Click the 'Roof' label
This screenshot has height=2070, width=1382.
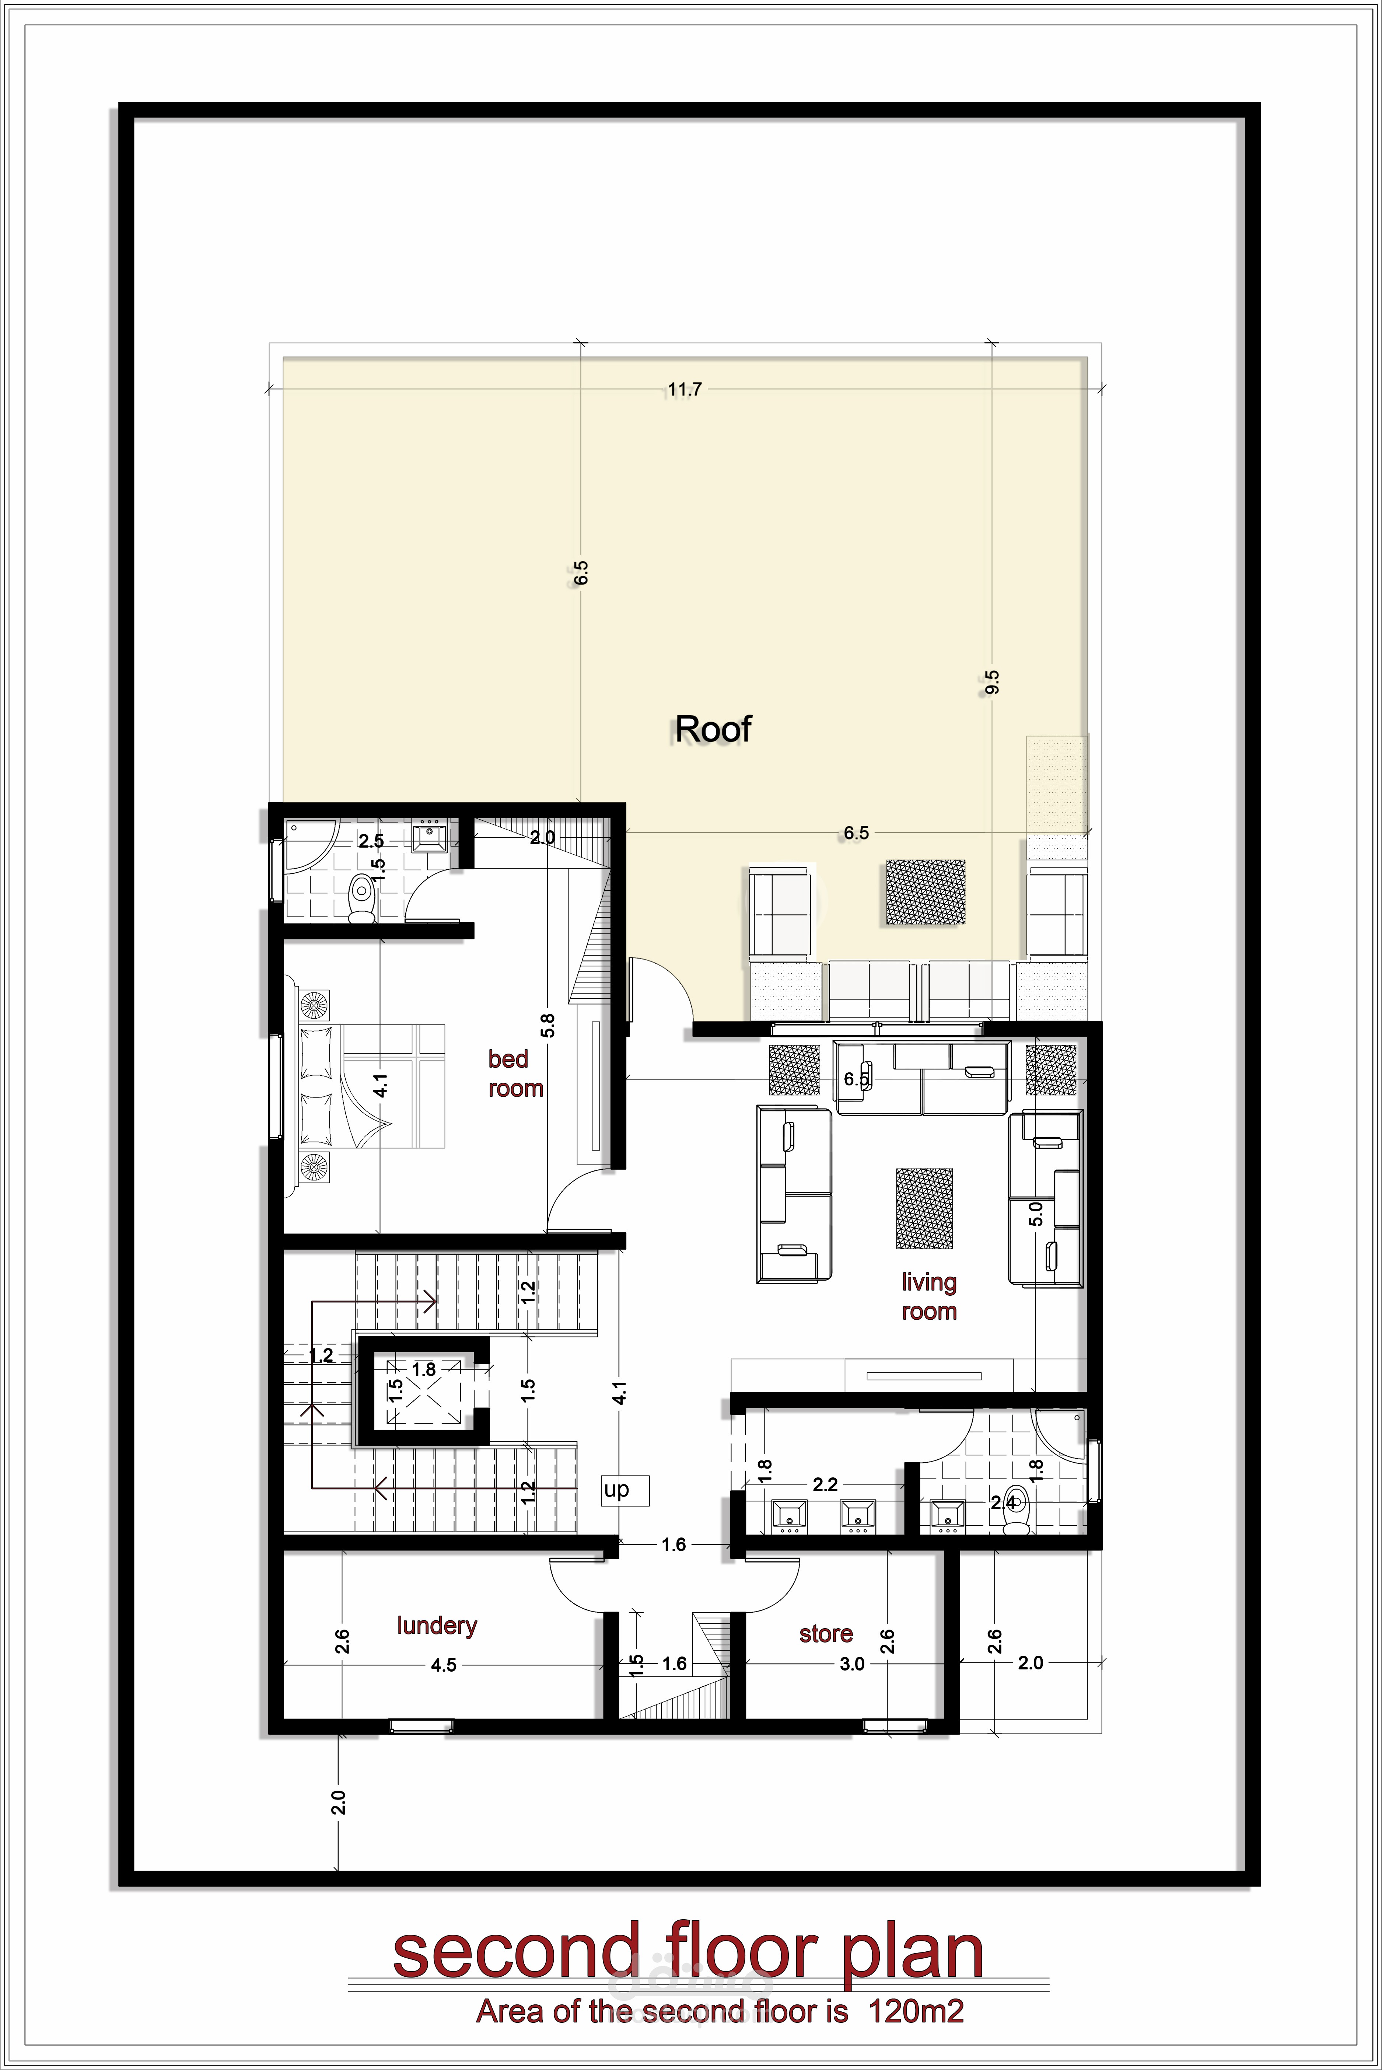point(713,729)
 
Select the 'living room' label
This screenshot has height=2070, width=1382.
point(929,1296)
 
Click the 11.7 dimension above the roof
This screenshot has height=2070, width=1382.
point(685,389)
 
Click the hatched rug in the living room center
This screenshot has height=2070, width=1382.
point(924,1209)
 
